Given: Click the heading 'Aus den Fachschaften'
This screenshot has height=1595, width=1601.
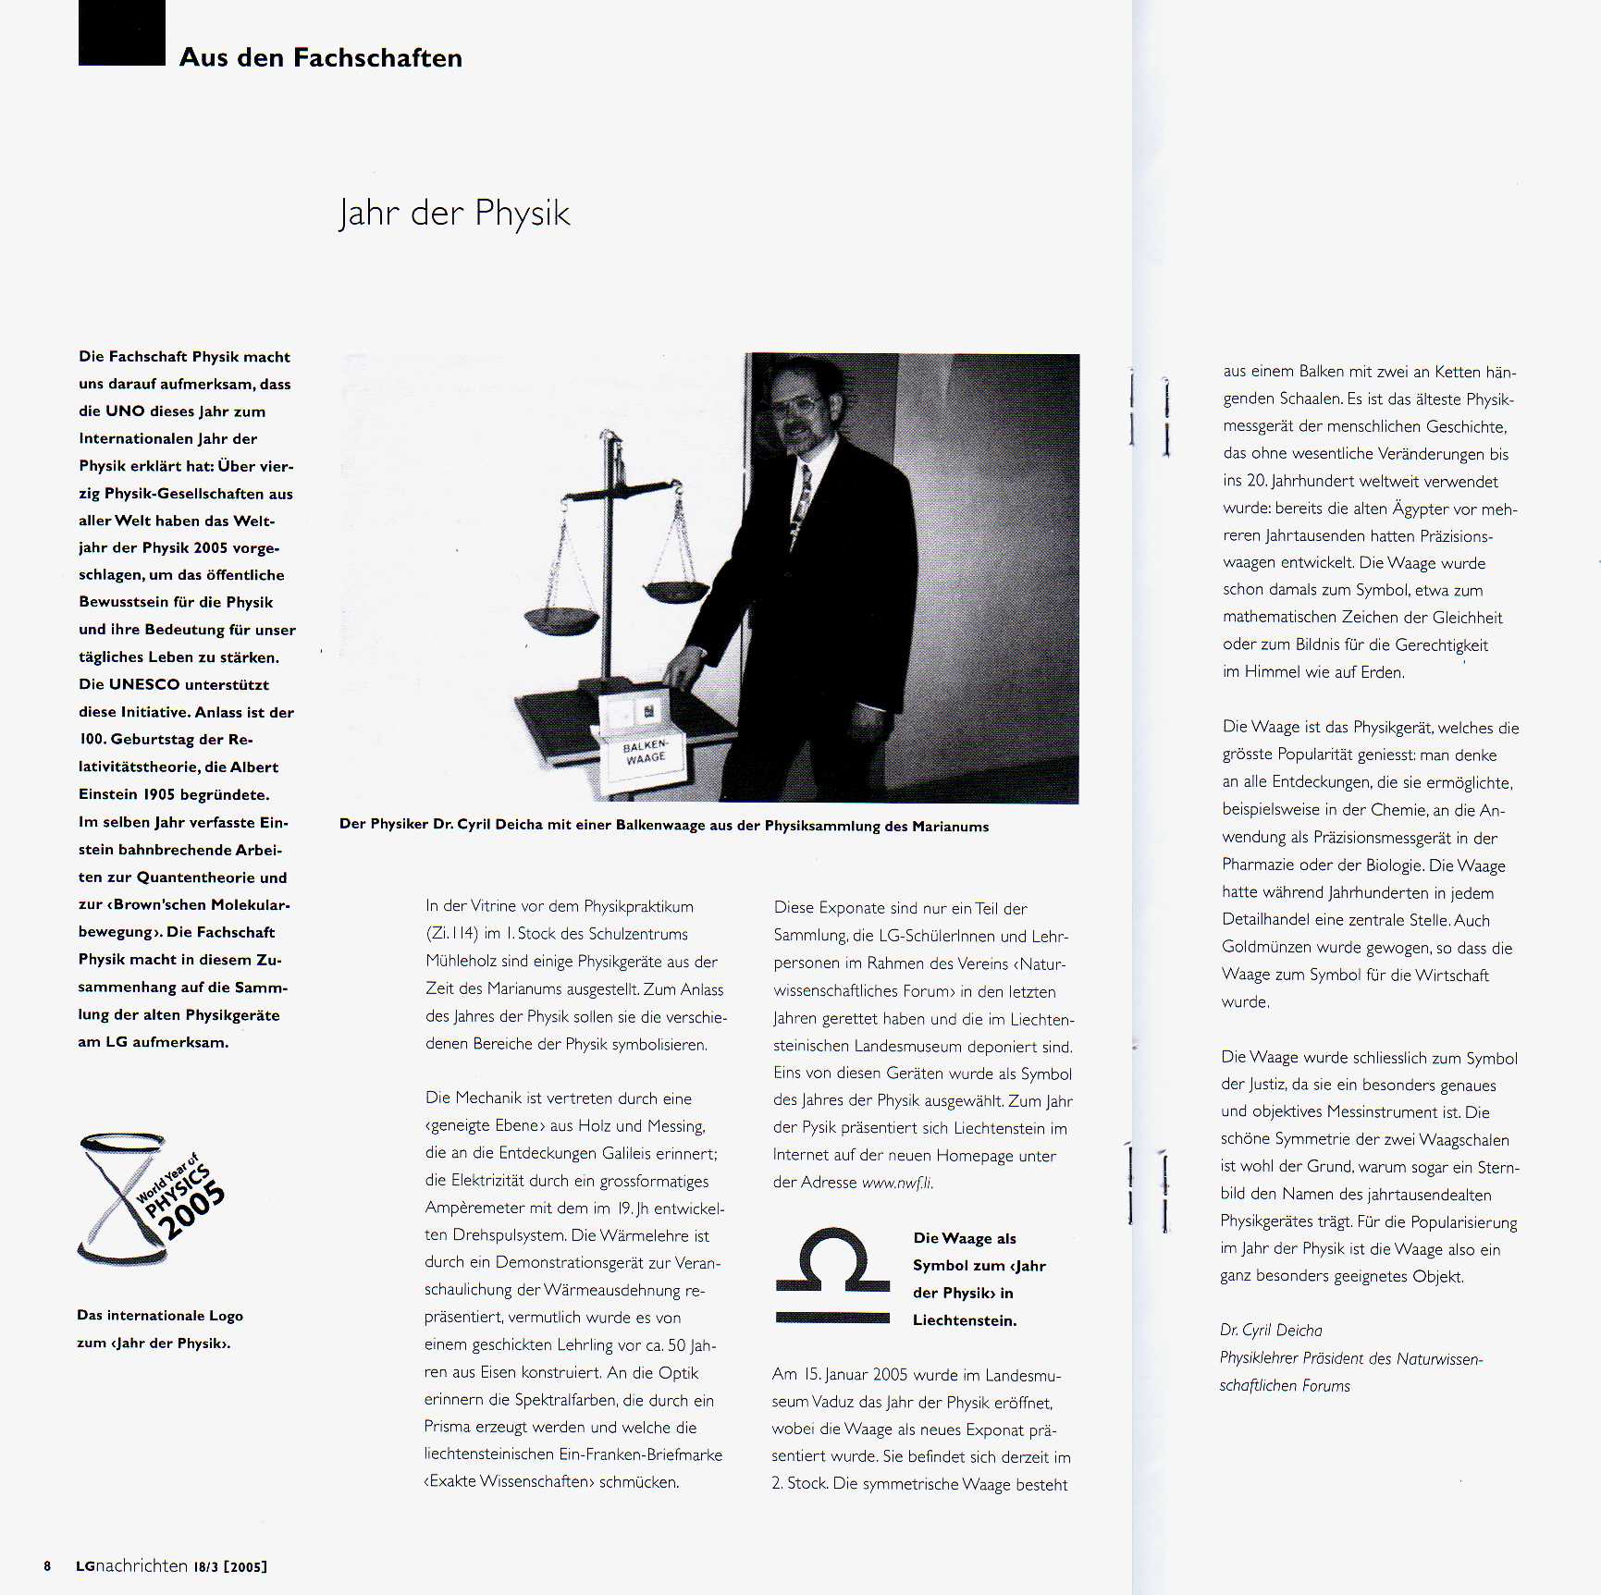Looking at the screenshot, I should point(320,57).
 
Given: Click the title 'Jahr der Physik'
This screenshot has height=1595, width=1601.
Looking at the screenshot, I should point(453,214).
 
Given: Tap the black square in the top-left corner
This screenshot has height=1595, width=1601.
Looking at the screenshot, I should point(121,32).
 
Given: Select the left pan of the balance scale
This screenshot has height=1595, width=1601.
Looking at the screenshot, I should point(561,620).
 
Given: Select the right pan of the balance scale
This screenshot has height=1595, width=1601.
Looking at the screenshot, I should point(676,591).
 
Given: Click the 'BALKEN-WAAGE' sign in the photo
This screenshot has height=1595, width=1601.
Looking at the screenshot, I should point(645,752).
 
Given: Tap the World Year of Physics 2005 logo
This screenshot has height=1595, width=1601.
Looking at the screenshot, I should point(151,1199).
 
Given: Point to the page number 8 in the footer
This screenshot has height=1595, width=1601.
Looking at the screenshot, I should point(47,1565).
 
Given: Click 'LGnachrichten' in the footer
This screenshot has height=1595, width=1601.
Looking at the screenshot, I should point(131,1565).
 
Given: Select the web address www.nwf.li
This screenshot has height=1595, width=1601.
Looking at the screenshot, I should point(896,1183).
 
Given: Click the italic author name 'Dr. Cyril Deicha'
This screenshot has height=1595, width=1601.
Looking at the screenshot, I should point(1270,1330).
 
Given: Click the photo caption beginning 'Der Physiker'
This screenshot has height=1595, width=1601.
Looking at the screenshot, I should point(663,825).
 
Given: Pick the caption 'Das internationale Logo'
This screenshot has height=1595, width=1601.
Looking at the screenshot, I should point(160,1315).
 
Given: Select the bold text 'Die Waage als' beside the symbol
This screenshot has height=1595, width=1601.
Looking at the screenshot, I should point(964,1238).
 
